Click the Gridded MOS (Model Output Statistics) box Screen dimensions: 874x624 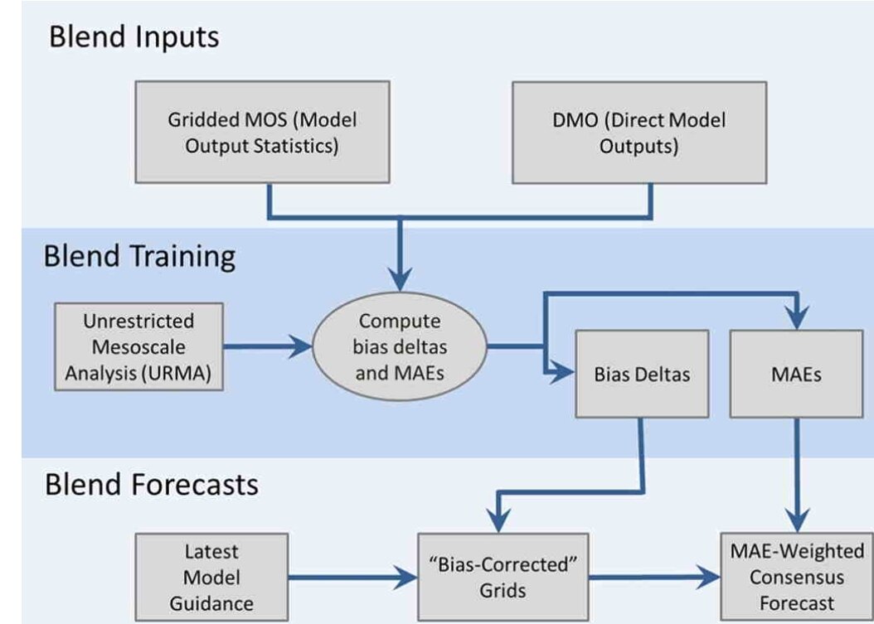(262, 132)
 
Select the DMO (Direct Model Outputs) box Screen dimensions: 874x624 (639, 133)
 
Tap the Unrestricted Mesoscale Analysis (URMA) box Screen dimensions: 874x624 (138, 346)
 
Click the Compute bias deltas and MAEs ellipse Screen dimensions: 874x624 (400, 346)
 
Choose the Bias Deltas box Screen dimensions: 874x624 (642, 374)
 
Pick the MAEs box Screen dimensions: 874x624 (796, 374)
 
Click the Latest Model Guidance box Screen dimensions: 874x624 (211, 578)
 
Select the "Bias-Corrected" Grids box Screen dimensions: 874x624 (503, 578)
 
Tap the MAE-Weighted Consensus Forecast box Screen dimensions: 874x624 (797, 578)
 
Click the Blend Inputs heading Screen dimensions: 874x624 (134, 37)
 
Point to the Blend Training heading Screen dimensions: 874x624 (139, 257)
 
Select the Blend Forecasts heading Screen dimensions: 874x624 (151, 484)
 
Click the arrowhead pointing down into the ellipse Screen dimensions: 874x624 (400, 279)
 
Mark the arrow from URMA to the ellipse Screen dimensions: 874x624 (268, 346)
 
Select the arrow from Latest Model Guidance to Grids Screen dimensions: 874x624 (352, 578)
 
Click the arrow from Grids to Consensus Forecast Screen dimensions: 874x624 (654, 578)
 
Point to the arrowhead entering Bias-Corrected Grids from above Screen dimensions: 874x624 (499, 520)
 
